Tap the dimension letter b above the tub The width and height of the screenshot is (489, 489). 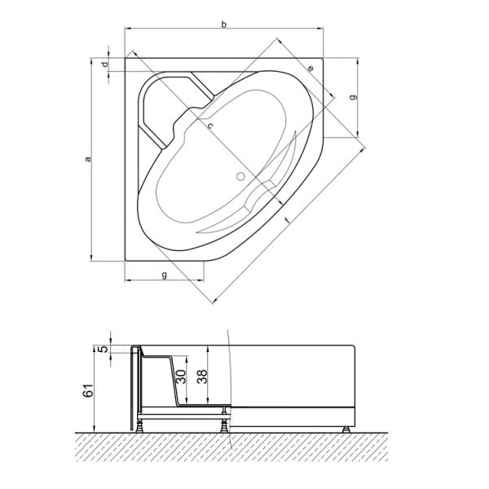[x=224, y=25]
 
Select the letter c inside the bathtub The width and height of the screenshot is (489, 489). [x=209, y=126]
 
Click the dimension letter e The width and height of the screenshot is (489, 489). [x=311, y=68]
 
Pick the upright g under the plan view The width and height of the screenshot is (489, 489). [x=165, y=275]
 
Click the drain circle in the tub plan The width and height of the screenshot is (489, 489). [x=240, y=176]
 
